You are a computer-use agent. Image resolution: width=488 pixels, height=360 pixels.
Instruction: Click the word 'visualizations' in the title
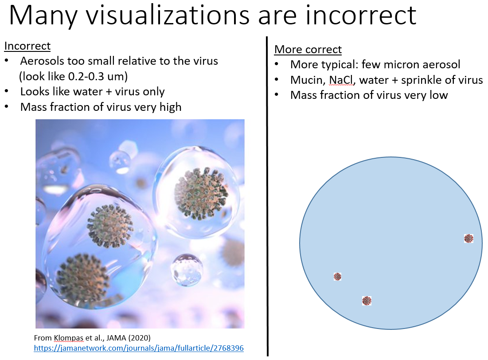[168, 15]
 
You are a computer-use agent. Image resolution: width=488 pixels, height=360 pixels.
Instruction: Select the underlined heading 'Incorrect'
[27, 46]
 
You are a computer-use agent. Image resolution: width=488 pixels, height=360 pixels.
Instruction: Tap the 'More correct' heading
[308, 50]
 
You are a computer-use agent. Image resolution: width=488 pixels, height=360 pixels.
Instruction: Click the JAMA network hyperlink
[139, 348]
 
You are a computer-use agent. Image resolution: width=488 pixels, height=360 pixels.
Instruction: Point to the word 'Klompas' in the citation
[68, 338]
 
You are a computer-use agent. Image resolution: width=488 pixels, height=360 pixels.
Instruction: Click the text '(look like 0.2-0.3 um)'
[74, 76]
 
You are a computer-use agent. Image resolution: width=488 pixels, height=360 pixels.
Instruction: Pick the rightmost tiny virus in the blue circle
[468, 239]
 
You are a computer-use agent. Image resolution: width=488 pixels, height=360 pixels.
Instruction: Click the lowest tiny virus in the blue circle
[367, 301]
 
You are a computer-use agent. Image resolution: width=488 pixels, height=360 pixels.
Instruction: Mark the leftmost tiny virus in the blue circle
[338, 277]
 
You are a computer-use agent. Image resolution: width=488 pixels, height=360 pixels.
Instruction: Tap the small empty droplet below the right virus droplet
[187, 270]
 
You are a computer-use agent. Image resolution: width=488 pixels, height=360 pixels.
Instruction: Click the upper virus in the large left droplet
[110, 226]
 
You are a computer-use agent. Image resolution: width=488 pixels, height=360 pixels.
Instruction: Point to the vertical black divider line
[267, 196]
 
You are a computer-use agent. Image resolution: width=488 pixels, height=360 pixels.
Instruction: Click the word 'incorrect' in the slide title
[361, 15]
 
